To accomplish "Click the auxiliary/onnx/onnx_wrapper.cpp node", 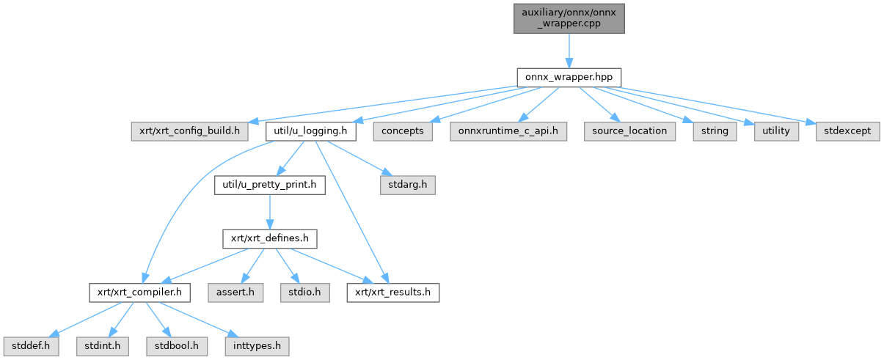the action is click(x=569, y=18).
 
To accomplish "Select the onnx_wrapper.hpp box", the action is click(x=569, y=77).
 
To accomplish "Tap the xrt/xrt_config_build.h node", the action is click(x=189, y=131).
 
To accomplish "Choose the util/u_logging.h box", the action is click(x=310, y=131).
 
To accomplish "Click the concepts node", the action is click(x=403, y=131).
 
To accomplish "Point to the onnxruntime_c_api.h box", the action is click(x=508, y=131).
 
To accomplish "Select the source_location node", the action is click(x=629, y=131).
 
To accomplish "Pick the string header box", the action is click(x=715, y=131).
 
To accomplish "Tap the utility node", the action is click(x=776, y=131).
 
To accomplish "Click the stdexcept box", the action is click(x=848, y=131).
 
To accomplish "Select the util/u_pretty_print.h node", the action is click(x=269, y=185).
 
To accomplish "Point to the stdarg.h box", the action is click(x=408, y=185).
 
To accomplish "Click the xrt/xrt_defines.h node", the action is click(x=269, y=239).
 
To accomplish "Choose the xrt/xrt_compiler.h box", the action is click(x=139, y=293).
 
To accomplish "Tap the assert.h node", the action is click(x=235, y=293).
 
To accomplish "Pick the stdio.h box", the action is click(x=304, y=293).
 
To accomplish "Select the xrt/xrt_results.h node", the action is click(x=393, y=293).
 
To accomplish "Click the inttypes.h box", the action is click(x=257, y=346).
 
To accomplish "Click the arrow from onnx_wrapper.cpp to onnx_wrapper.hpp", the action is click(x=569, y=51).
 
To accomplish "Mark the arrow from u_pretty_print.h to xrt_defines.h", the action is click(x=269, y=212).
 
